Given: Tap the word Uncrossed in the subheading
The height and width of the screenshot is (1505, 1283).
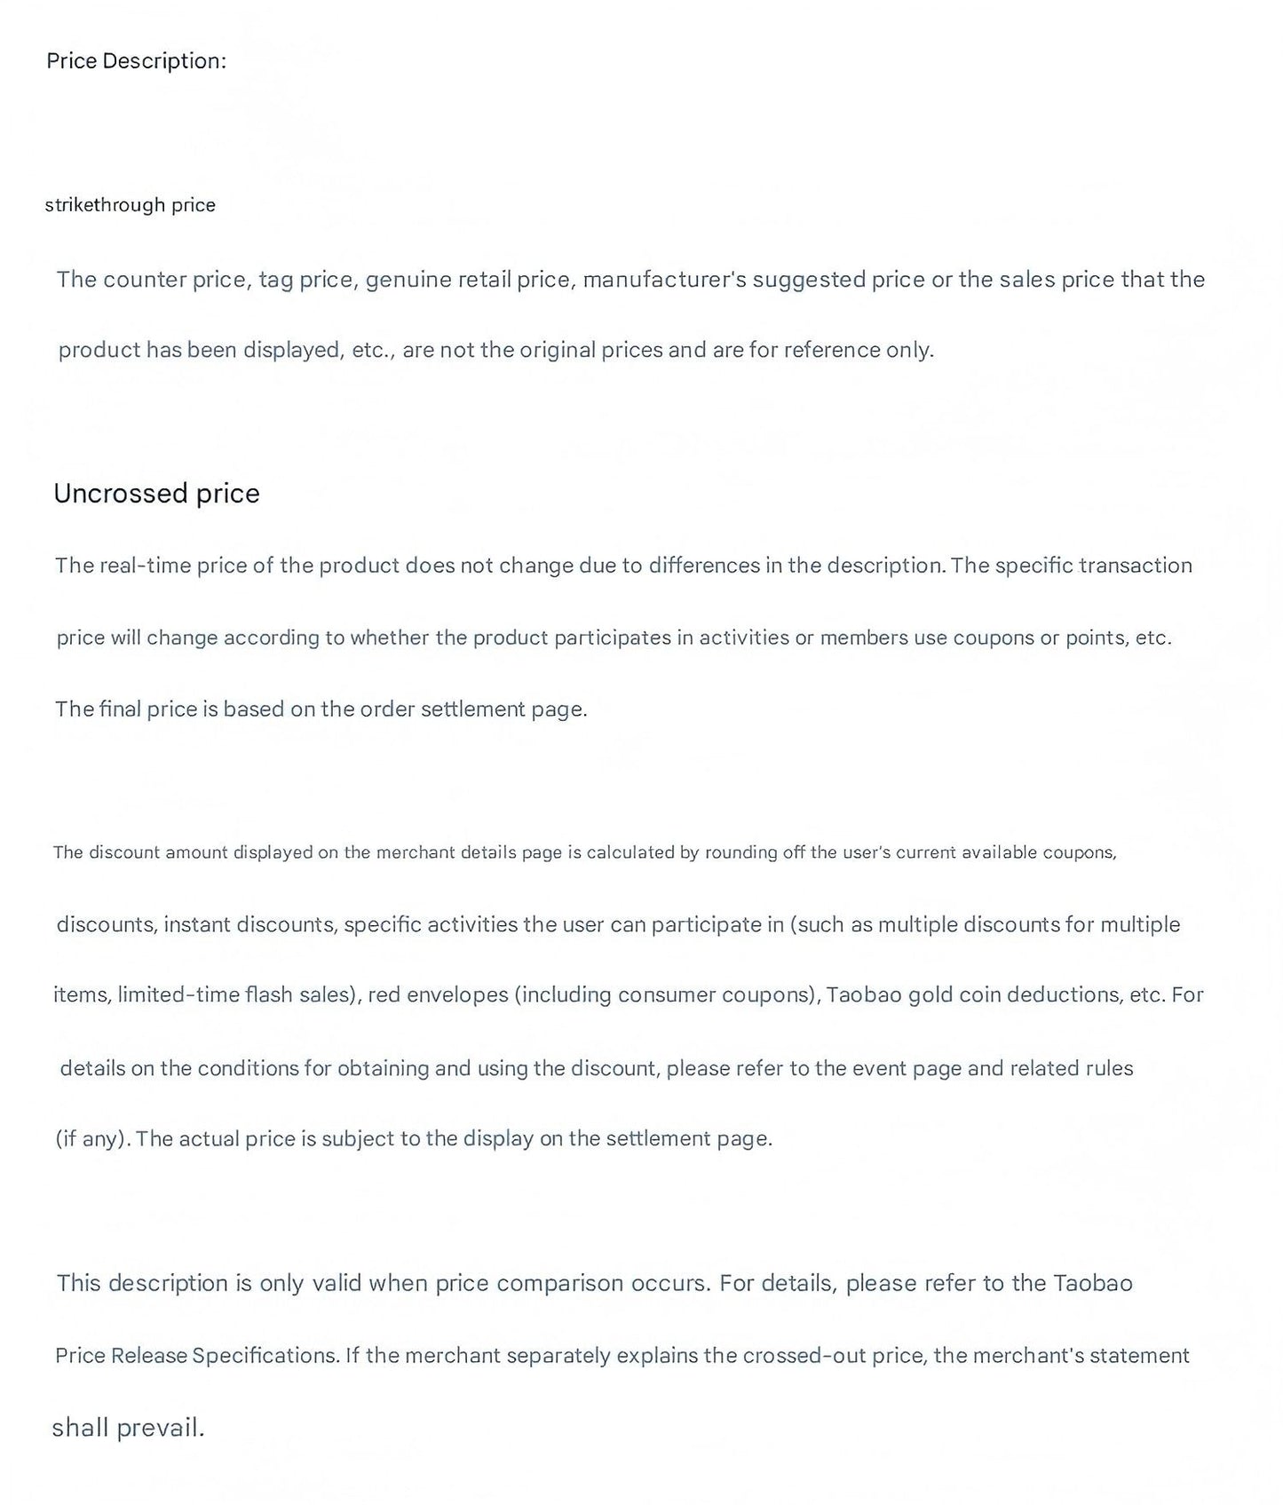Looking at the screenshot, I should point(121,494).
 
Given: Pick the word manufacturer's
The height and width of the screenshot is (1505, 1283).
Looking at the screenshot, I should point(663,280).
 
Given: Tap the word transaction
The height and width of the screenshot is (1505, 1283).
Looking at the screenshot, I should point(1135,566).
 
